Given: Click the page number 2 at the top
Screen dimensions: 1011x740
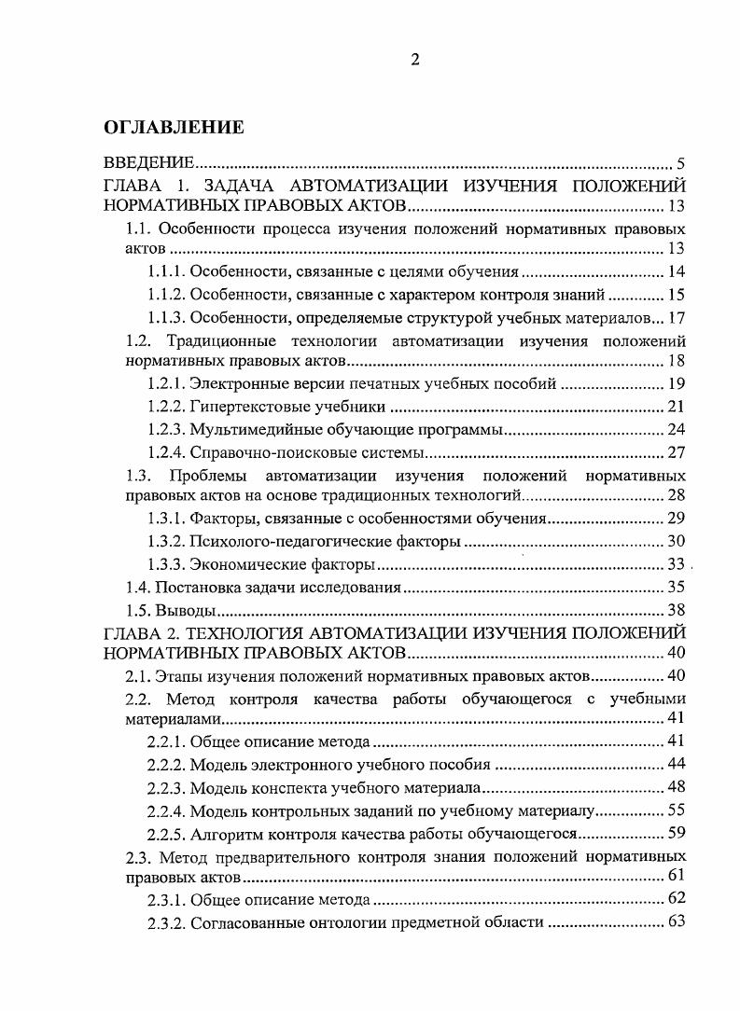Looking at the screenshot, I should (x=415, y=61).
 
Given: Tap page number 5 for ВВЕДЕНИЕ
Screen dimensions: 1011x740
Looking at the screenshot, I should (x=681, y=164).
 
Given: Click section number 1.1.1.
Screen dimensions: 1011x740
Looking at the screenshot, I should (x=166, y=272).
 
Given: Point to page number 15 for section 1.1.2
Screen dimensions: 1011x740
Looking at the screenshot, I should (x=677, y=295).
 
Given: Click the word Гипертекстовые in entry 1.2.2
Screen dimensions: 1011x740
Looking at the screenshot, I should (x=242, y=407).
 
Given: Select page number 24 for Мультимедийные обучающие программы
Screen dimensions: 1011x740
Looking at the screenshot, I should (x=677, y=430).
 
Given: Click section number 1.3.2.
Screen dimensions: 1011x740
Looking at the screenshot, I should (x=166, y=542).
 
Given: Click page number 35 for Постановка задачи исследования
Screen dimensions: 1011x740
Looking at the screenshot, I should (x=677, y=589).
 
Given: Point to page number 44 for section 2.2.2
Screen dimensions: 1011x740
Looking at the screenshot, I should (x=677, y=764).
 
